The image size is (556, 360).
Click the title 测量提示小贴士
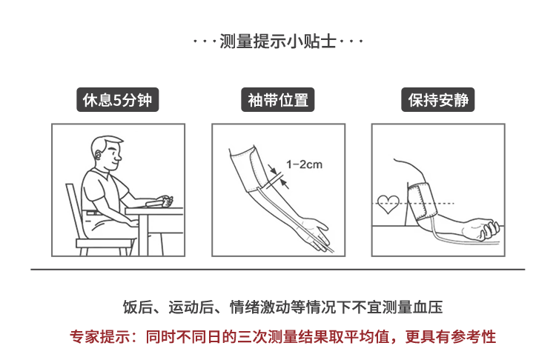coord(278,41)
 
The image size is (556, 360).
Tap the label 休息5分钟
coord(117,100)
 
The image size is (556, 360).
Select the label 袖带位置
coord(278,100)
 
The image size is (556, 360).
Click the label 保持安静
coord(438,100)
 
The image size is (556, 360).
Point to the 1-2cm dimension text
coord(304,164)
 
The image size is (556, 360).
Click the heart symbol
coord(388,204)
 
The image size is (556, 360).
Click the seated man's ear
coord(98,156)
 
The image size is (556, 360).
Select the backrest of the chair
coord(75,211)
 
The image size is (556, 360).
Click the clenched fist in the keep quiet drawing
coord(488,229)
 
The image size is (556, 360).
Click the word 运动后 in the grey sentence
coord(191,307)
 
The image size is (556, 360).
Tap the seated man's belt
coord(93,213)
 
